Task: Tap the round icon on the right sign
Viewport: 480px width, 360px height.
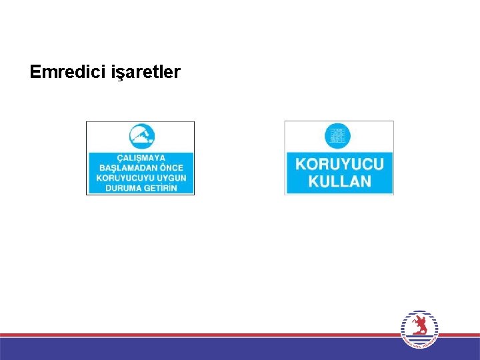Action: [x=337, y=135]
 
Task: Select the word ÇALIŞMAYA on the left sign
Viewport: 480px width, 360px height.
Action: [x=141, y=158]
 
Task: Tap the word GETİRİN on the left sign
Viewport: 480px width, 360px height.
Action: [x=161, y=188]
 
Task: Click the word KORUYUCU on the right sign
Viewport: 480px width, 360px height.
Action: [x=340, y=164]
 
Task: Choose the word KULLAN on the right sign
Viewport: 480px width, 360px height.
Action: [x=339, y=181]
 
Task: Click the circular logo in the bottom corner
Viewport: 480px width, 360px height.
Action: [x=420, y=329]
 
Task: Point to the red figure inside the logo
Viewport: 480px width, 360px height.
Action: [x=419, y=326]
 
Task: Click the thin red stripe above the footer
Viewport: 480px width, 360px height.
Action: [x=200, y=335]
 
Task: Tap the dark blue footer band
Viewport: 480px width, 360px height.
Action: [x=200, y=349]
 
